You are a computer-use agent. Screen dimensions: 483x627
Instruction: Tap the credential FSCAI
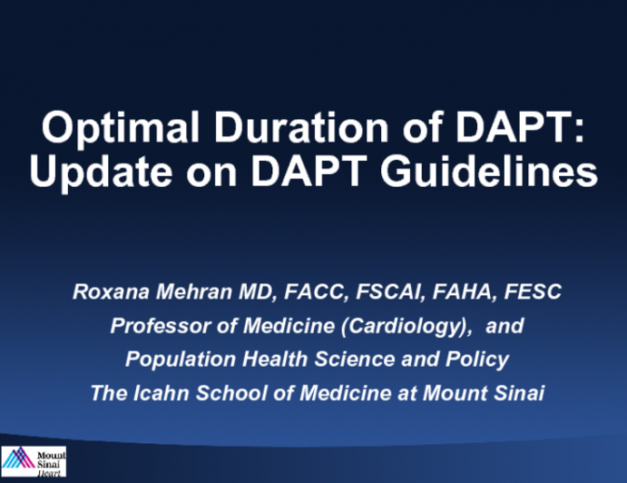click(354, 292)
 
